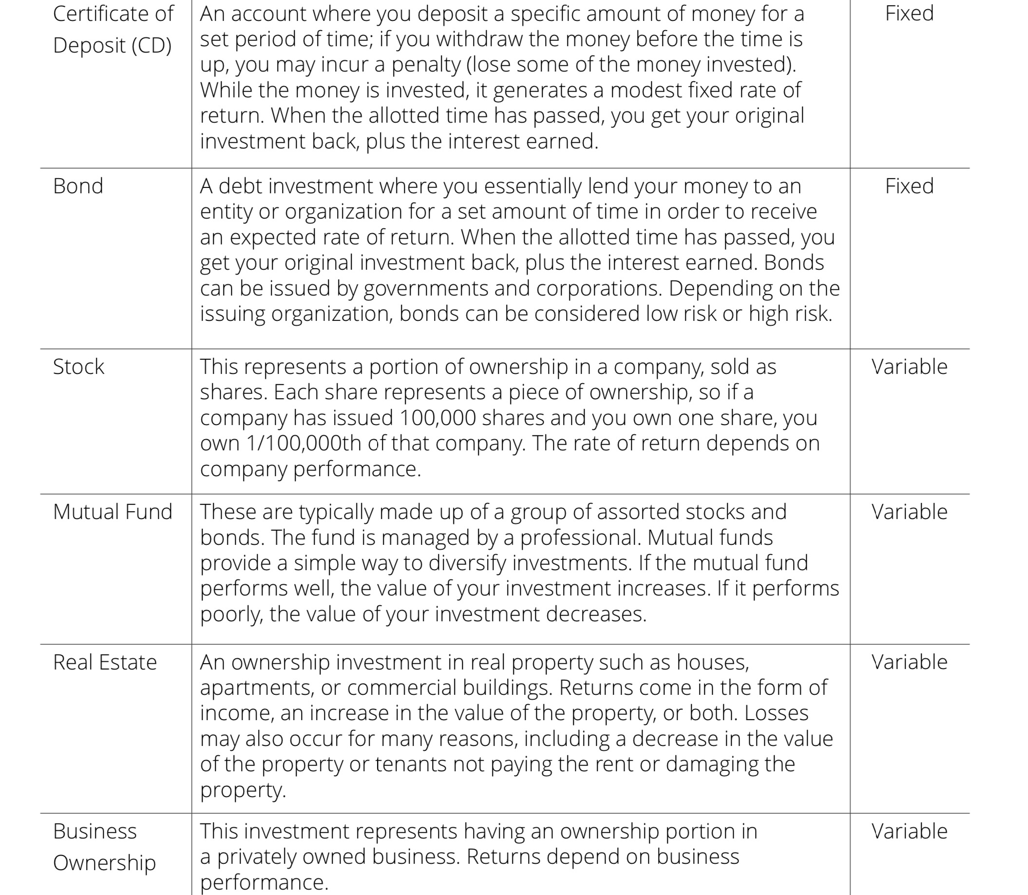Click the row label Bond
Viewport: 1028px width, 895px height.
click(78, 186)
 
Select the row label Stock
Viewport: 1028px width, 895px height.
click(78, 367)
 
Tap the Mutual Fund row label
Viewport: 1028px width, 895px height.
click(113, 512)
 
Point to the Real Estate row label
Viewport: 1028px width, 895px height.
click(105, 662)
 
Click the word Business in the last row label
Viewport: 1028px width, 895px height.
click(95, 832)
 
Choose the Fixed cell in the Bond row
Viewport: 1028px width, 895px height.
click(909, 186)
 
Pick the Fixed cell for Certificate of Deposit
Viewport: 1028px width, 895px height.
click(909, 14)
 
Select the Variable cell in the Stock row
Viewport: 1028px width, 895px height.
click(909, 367)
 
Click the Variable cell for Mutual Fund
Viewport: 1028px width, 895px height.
click(909, 512)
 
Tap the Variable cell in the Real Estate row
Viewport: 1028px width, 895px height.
click(909, 662)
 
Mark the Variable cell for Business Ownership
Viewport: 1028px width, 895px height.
click(909, 832)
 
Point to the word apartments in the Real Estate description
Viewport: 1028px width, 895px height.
click(257, 688)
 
